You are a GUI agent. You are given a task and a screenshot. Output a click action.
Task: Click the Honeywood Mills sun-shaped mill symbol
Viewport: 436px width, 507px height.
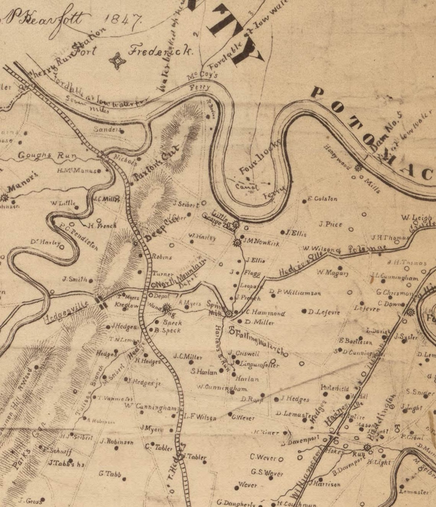[x=358, y=167]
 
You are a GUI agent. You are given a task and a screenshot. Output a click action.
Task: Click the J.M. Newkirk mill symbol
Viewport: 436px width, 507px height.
[x=237, y=242]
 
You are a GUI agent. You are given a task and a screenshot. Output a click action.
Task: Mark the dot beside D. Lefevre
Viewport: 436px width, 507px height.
[x=304, y=311]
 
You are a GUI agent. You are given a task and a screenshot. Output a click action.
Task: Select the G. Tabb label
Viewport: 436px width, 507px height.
[x=110, y=474]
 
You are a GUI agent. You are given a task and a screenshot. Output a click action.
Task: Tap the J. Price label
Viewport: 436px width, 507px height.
[x=331, y=224]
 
